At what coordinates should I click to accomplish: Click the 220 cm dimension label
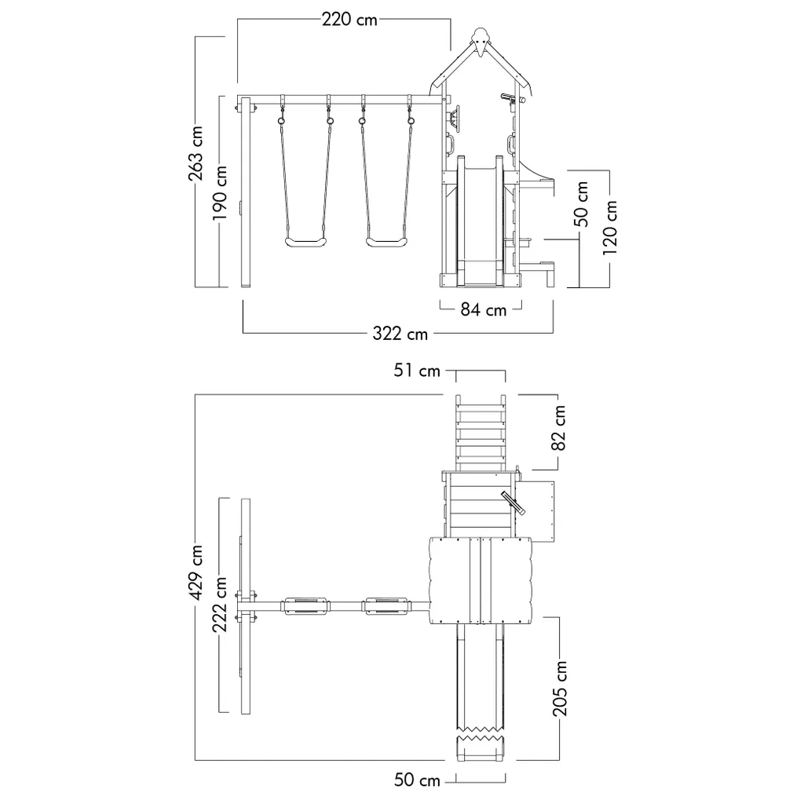coord(349,20)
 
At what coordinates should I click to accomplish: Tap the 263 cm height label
coord(196,153)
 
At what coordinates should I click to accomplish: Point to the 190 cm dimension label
coord(220,192)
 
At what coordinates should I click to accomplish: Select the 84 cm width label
coord(483,309)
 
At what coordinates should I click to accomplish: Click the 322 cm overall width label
coord(400,334)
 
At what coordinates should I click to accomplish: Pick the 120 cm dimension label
coord(609,228)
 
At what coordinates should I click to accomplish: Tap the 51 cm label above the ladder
coord(417,371)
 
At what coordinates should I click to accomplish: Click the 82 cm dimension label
coord(558,428)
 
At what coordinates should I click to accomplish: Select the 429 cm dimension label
coord(196,572)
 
